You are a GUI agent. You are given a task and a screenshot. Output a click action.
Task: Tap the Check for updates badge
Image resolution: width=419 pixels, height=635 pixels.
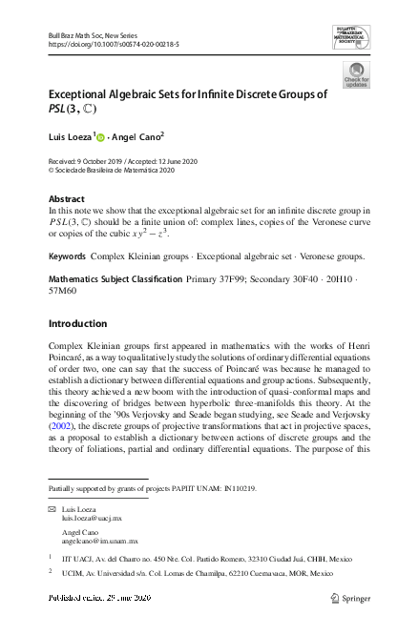355,75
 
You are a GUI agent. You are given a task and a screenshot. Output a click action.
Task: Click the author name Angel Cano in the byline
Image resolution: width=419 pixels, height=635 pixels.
136,136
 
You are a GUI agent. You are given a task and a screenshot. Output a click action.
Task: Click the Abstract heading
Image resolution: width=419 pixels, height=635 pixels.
67,198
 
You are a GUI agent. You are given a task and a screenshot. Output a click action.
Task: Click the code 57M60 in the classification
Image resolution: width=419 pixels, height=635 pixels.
64,291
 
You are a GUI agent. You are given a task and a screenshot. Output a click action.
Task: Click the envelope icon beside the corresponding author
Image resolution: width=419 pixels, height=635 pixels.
52,510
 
